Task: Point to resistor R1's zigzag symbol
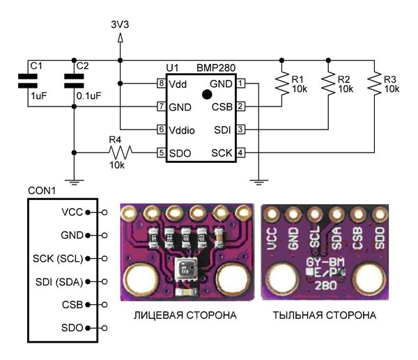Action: click(x=283, y=84)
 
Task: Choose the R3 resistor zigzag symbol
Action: click(x=377, y=84)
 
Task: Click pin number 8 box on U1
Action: click(x=161, y=84)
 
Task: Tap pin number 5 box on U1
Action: click(x=161, y=152)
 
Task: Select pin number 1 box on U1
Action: click(x=240, y=84)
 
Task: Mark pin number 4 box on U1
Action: click(x=240, y=152)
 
